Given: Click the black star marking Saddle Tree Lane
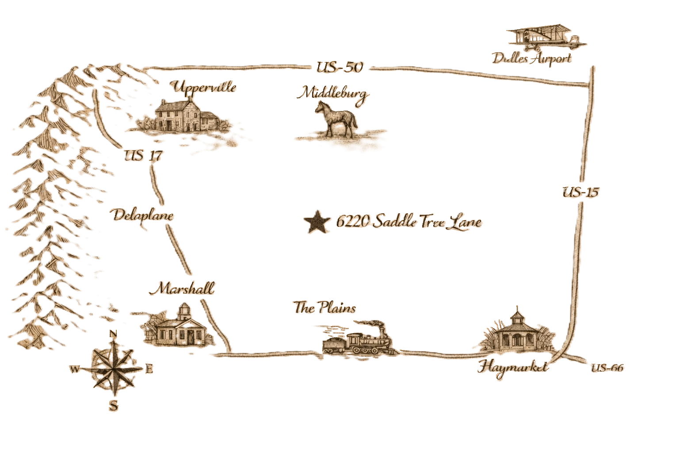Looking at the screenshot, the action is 317,221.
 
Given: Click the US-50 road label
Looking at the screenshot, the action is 339,67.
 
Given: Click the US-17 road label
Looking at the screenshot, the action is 143,156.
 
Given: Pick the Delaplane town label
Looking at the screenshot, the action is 142,216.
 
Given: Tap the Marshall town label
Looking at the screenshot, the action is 181,289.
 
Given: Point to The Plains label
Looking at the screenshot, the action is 325,308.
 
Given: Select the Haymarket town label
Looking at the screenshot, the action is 513,366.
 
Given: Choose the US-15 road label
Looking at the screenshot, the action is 580,192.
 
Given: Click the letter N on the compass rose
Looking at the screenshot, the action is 113,334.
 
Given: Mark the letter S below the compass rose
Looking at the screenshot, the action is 114,405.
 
